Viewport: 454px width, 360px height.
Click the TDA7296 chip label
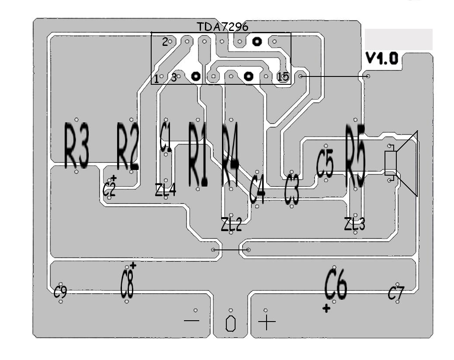click(x=222, y=27)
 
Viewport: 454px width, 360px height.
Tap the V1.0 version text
click(x=382, y=59)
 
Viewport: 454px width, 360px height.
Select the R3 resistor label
click(x=76, y=145)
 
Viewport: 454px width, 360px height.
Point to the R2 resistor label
click(x=128, y=146)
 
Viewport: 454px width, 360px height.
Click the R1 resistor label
click(x=198, y=154)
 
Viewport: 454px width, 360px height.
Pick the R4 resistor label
click(x=230, y=154)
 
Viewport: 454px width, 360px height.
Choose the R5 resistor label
click(x=356, y=155)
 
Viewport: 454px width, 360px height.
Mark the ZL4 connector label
click(x=165, y=190)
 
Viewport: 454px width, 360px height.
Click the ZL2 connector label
click(x=231, y=224)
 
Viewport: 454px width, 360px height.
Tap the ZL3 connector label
click(x=355, y=224)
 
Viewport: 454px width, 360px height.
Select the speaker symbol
click(x=401, y=163)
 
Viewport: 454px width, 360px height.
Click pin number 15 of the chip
click(x=283, y=77)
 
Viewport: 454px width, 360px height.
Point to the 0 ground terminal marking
click(x=230, y=324)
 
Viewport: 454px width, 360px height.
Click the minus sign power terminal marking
click(x=192, y=320)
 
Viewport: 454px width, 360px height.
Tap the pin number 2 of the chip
click(x=165, y=42)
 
